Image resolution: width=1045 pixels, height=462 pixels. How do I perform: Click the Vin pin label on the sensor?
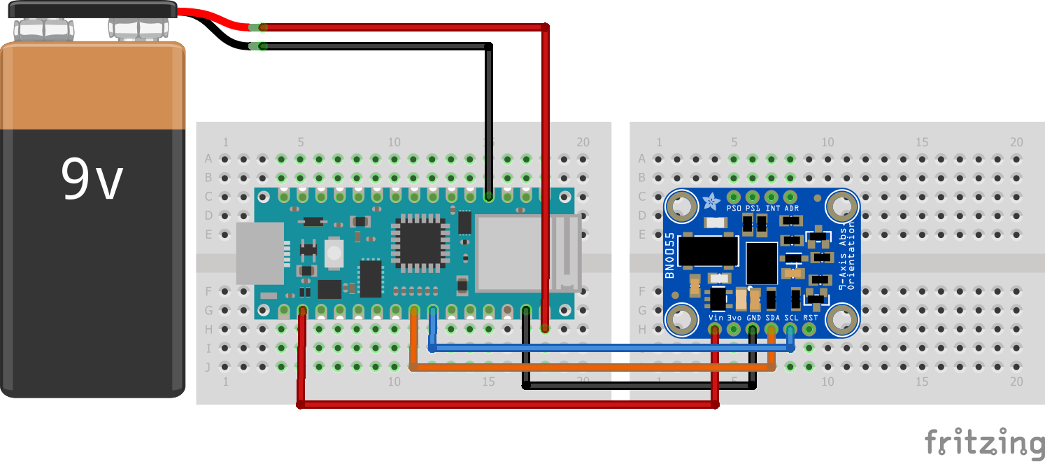(716, 317)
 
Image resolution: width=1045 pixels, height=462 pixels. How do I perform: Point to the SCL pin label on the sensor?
(791, 317)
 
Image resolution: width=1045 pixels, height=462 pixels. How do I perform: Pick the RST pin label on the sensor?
(810, 317)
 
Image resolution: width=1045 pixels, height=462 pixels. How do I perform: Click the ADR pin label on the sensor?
(791, 208)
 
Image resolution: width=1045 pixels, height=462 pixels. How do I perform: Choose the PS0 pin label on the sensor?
(734, 208)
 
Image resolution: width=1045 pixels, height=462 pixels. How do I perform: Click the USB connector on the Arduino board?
(260, 253)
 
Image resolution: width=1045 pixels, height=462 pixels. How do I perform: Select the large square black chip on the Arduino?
(420, 242)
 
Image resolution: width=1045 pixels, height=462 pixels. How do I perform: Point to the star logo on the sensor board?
(711, 203)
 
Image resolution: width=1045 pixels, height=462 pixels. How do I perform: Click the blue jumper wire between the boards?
(609, 347)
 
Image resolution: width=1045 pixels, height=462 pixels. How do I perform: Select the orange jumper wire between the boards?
(595, 366)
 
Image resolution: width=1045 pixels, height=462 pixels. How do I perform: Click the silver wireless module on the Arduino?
(511, 253)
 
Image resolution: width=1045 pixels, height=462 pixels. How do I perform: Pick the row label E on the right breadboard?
(642, 234)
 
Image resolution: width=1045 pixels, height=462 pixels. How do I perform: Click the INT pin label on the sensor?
(772, 208)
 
